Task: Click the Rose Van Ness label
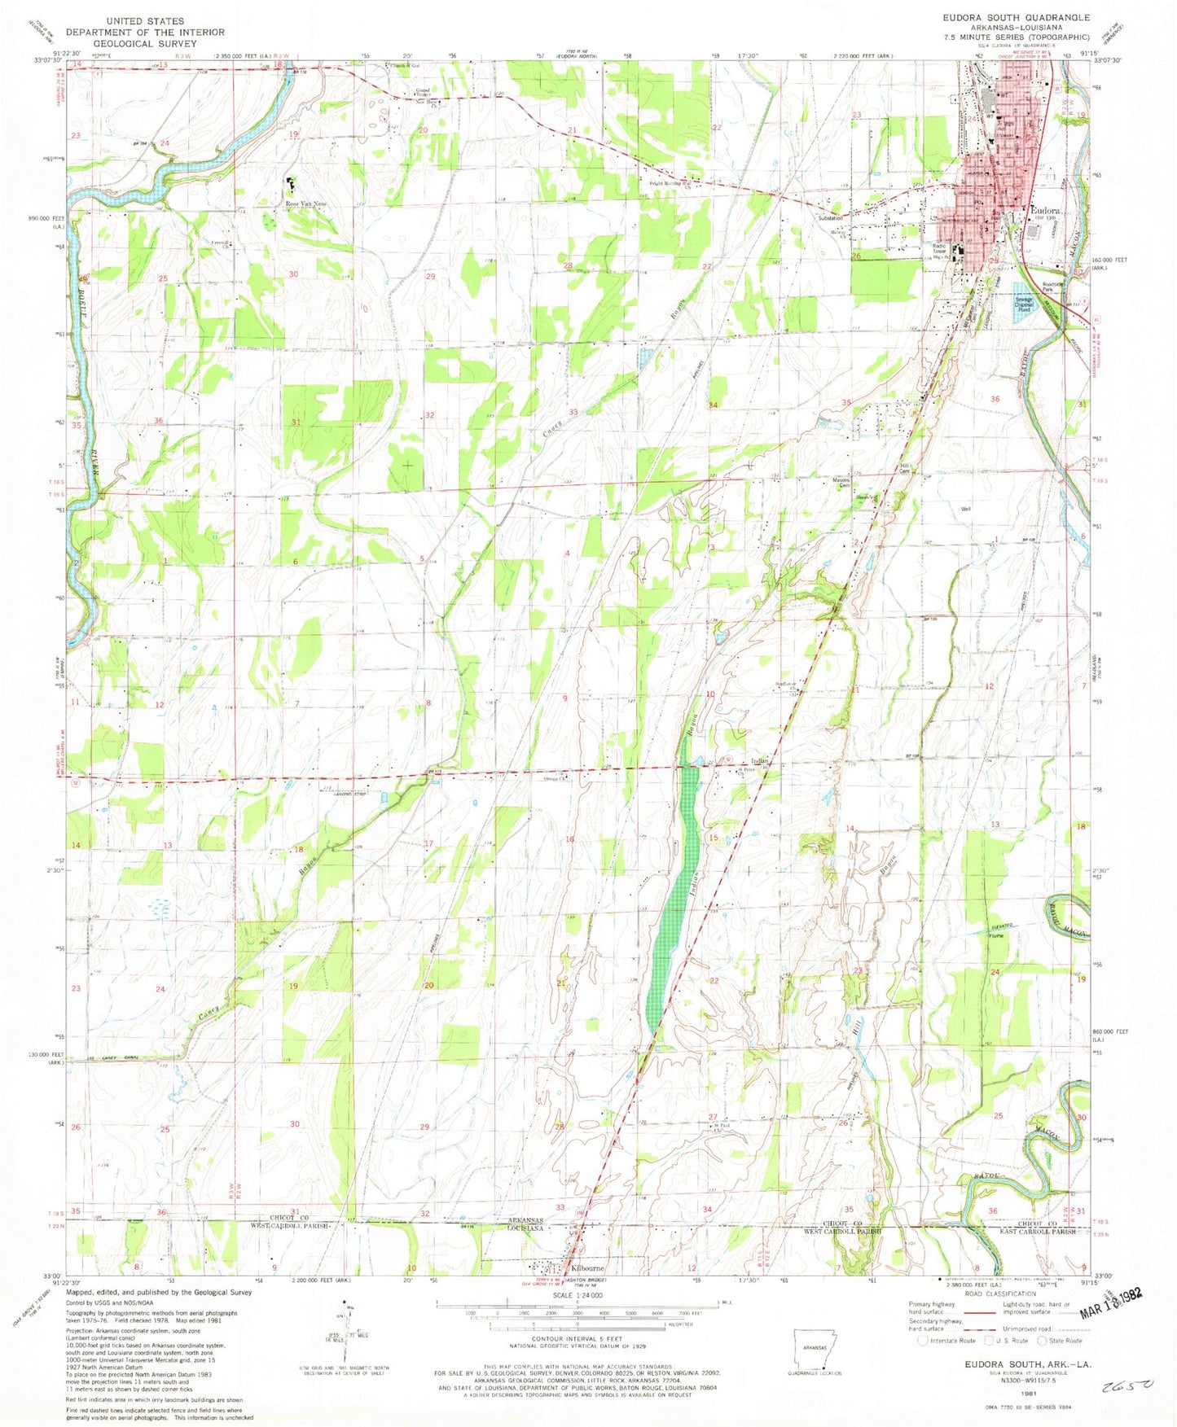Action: coord(302,204)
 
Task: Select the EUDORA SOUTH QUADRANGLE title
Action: coord(1016,17)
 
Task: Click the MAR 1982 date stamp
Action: coord(1115,1317)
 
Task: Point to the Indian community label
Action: coord(760,761)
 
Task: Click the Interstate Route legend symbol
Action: coord(922,1340)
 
